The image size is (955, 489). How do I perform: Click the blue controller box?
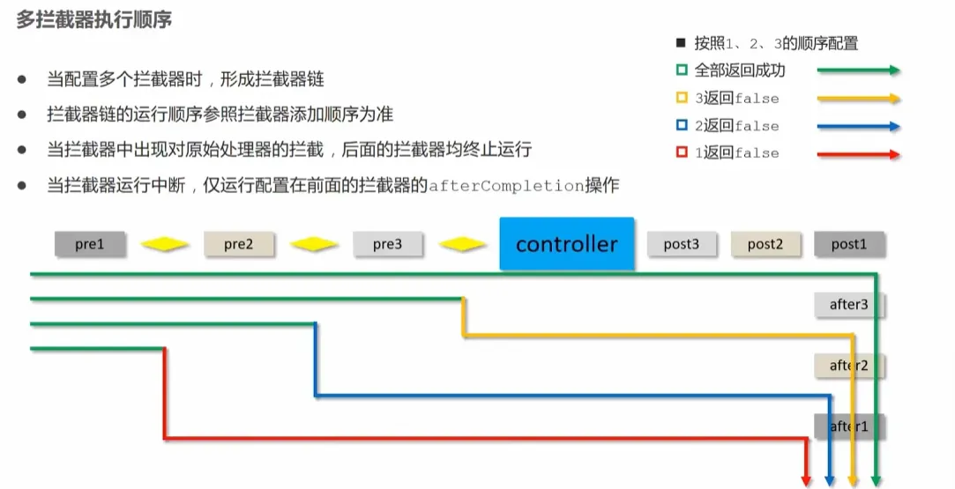pyautogui.click(x=567, y=243)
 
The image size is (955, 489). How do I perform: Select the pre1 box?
pyautogui.click(x=90, y=244)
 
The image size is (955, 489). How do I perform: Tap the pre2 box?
pyautogui.click(x=239, y=244)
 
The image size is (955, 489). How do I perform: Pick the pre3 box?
pyautogui.click(x=388, y=244)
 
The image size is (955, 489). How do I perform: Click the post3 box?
pyautogui.click(x=682, y=244)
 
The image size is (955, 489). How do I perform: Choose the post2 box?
pyautogui.click(x=765, y=244)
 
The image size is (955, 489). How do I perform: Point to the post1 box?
pyautogui.click(x=849, y=244)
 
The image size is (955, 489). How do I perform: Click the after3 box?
pyautogui.click(x=849, y=305)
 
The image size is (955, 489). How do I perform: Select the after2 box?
pyautogui.click(x=849, y=366)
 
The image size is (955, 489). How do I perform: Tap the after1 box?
pyautogui.click(x=849, y=426)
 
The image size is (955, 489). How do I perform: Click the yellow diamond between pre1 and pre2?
pyautogui.click(x=165, y=244)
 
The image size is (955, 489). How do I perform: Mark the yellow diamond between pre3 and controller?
pyautogui.click(x=463, y=244)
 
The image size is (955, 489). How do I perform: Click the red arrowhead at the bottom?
pyautogui.click(x=806, y=480)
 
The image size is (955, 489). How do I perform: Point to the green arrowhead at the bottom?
pyautogui.click(x=876, y=480)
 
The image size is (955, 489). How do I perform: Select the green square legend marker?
pyautogui.click(x=681, y=70)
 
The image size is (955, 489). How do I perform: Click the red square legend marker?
pyautogui.click(x=681, y=152)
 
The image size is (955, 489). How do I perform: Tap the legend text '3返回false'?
pyautogui.click(x=737, y=99)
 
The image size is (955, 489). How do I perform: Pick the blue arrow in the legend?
pyautogui.click(x=858, y=126)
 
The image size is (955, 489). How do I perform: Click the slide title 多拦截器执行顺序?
pyautogui.click(x=94, y=19)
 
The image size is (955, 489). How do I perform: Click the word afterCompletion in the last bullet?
pyautogui.click(x=505, y=186)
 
